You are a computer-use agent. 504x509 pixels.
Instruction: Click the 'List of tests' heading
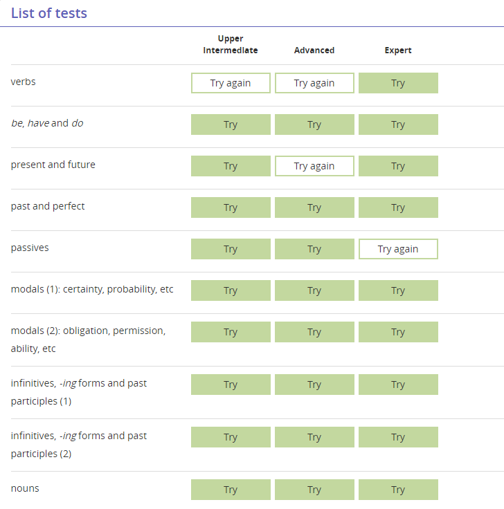pos(49,13)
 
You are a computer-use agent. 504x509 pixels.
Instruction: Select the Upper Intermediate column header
pos(231,44)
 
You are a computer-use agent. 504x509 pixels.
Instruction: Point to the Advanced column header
pos(314,50)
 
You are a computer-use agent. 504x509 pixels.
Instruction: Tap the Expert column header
pos(398,50)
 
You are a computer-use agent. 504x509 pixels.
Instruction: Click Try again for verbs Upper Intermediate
pos(231,83)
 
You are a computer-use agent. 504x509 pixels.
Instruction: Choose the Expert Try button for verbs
pos(398,83)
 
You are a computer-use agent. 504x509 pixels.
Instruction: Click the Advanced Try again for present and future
pos(314,166)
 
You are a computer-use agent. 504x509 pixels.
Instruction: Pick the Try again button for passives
pos(398,249)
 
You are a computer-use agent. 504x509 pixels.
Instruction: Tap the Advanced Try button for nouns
pos(314,490)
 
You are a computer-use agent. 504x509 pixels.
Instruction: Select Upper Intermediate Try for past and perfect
pos(231,207)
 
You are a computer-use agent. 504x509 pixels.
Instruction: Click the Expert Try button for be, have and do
pos(398,124)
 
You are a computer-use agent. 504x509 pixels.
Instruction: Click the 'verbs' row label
pos(23,82)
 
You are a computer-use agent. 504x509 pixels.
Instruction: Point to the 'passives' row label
pos(30,248)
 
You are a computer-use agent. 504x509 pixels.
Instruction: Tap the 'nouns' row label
pos(25,488)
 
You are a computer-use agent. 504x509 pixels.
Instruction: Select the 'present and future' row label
pos(53,165)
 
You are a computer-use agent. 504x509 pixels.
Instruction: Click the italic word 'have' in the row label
pos(38,123)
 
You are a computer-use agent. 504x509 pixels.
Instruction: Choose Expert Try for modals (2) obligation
pos(398,332)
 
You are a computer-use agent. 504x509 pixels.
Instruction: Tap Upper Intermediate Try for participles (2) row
pos(231,437)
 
